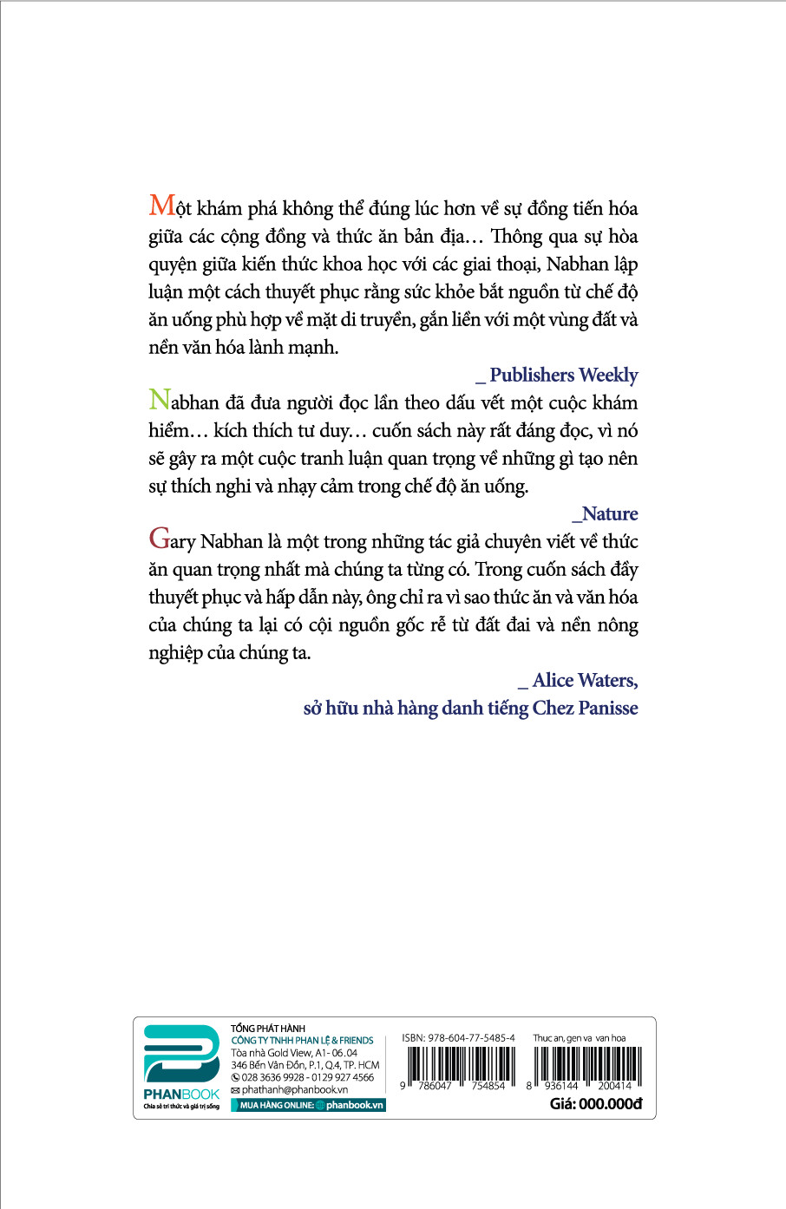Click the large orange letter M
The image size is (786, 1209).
click(162, 206)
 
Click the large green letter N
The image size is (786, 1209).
click(159, 401)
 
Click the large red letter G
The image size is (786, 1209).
click(159, 539)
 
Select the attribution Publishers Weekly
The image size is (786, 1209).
click(563, 375)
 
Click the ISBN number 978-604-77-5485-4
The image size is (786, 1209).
click(458, 1037)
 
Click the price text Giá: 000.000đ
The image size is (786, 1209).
click(596, 1104)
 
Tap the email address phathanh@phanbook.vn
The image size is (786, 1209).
click(295, 1089)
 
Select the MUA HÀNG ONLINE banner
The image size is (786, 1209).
click(307, 1105)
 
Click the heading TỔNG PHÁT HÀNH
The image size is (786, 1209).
click(268, 1029)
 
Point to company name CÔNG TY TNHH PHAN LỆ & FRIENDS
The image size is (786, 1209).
click(302, 1040)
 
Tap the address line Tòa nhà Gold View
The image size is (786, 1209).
click(294, 1052)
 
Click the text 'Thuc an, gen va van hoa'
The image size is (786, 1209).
click(579, 1037)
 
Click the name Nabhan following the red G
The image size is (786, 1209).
click(231, 542)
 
